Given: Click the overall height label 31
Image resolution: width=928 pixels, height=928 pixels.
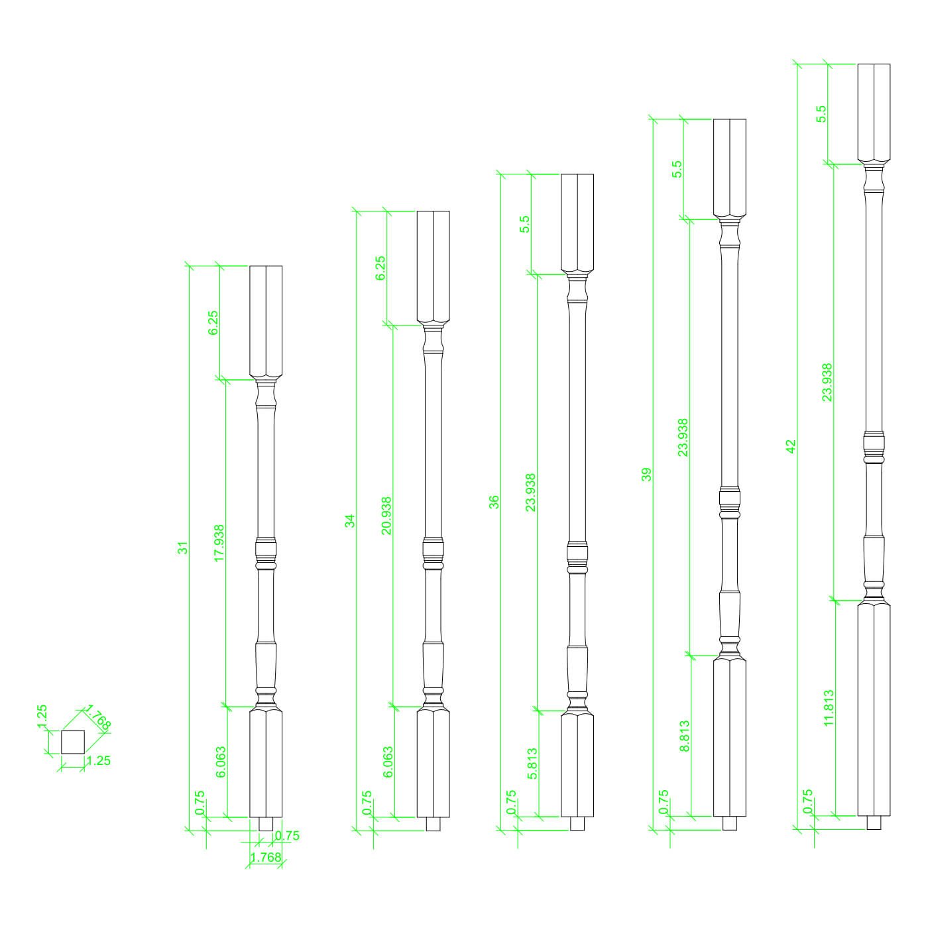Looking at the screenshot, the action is click(x=182, y=548).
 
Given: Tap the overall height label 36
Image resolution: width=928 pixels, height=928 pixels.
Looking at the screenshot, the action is click(x=494, y=502).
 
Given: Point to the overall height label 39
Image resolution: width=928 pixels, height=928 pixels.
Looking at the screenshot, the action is click(x=646, y=475).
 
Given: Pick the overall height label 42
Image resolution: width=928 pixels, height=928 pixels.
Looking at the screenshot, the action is click(x=791, y=446).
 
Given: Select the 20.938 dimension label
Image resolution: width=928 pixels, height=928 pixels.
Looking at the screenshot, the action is click(x=386, y=516).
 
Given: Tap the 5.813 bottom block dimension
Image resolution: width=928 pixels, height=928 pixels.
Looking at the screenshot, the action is click(x=532, y=764).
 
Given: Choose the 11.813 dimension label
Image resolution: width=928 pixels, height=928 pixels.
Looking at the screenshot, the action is click(x=829, y=708).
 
